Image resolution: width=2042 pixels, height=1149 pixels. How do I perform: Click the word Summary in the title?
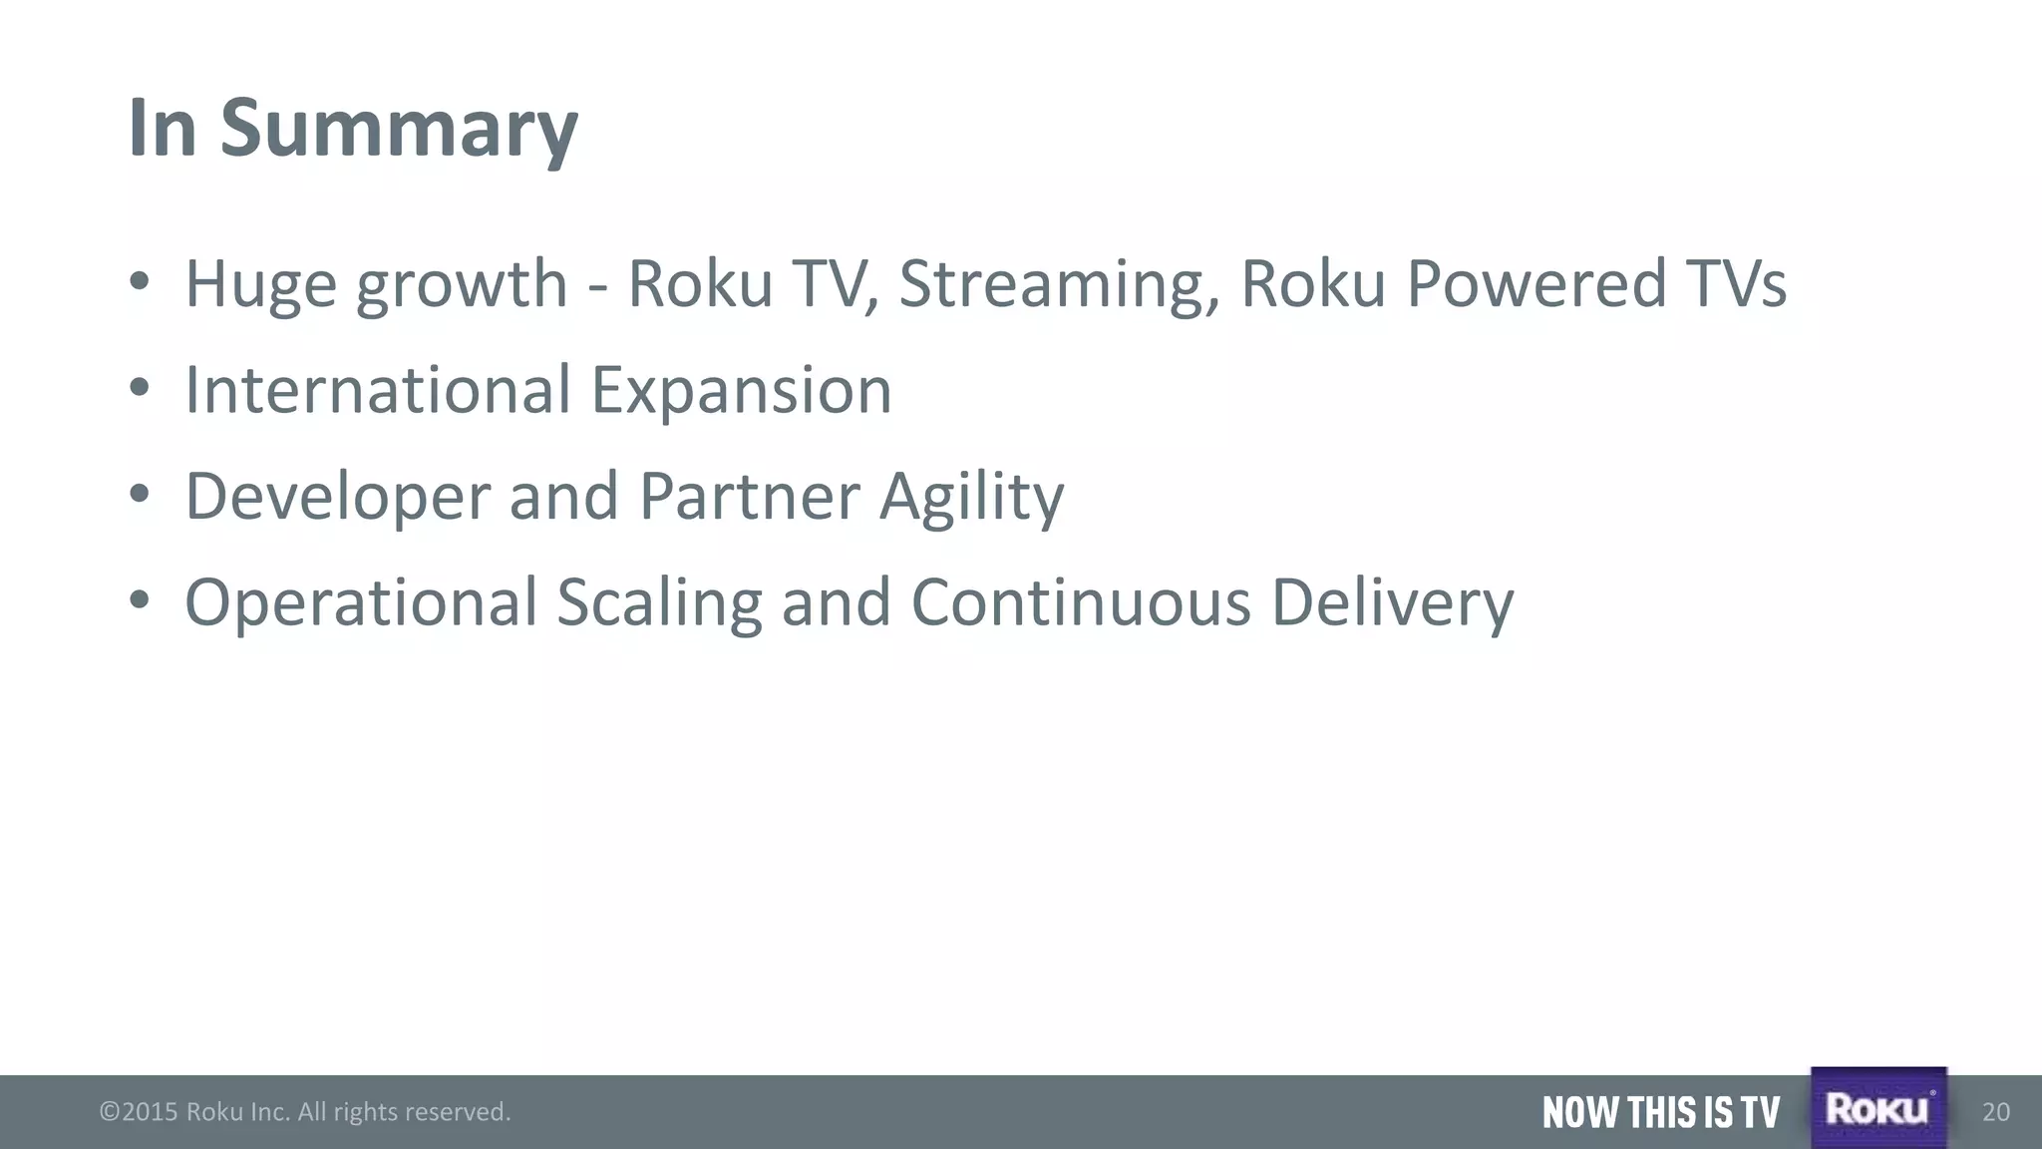[x=398, y=130]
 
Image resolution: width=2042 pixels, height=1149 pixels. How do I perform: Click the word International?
[x=378, y=390]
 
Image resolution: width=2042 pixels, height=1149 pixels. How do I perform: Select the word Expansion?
[x=742, y=390]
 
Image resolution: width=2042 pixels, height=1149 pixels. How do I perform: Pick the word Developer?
[x=338, y=497]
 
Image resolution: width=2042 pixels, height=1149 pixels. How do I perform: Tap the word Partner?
[x=749, y=497]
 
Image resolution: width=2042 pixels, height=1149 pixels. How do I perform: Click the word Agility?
[x=971, y=497]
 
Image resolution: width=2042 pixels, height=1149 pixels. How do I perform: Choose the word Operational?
[x=361, y=602]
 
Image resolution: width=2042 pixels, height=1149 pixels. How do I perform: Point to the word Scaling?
[x=659, y=602]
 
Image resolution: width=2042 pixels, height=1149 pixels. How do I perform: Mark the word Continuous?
[x=1081, y=602]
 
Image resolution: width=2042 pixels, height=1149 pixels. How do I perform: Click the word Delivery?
[x=1392, y=602]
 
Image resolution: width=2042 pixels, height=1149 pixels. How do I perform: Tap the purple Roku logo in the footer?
[x=1878, y=1108]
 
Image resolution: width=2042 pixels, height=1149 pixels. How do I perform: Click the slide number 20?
[x=1996, y=1112]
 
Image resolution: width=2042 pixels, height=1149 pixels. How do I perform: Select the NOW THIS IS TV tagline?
[x=1660, y=1112]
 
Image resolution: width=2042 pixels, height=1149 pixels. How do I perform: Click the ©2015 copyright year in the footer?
[x=139, y=1112]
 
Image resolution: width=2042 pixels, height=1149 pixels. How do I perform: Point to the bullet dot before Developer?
[x=140, y=493]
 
